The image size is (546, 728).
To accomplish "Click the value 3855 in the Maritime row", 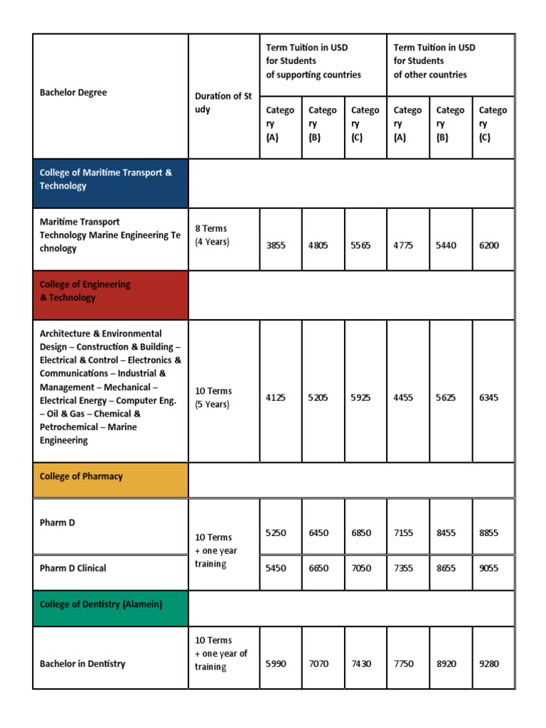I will point(277,245).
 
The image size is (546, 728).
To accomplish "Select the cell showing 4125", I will point(277,398).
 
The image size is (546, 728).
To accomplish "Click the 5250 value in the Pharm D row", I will point(277,532).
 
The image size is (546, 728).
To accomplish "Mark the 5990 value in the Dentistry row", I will point(277,664).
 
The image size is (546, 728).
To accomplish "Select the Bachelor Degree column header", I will point(73,92).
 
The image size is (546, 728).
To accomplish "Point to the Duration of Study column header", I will point(223,102).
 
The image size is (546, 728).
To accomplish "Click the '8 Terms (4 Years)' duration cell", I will point(213,235).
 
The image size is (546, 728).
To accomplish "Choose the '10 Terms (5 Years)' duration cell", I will point(213,397).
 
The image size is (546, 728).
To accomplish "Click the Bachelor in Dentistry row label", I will point(82,664).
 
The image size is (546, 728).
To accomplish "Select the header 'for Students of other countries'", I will point(434,61).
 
